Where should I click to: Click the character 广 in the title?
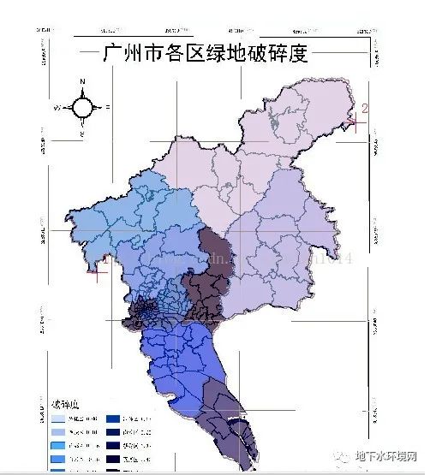point(110,54)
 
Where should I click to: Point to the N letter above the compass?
point(83,82)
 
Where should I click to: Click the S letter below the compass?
point(83,135)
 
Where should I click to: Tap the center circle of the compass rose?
point(83,108)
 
